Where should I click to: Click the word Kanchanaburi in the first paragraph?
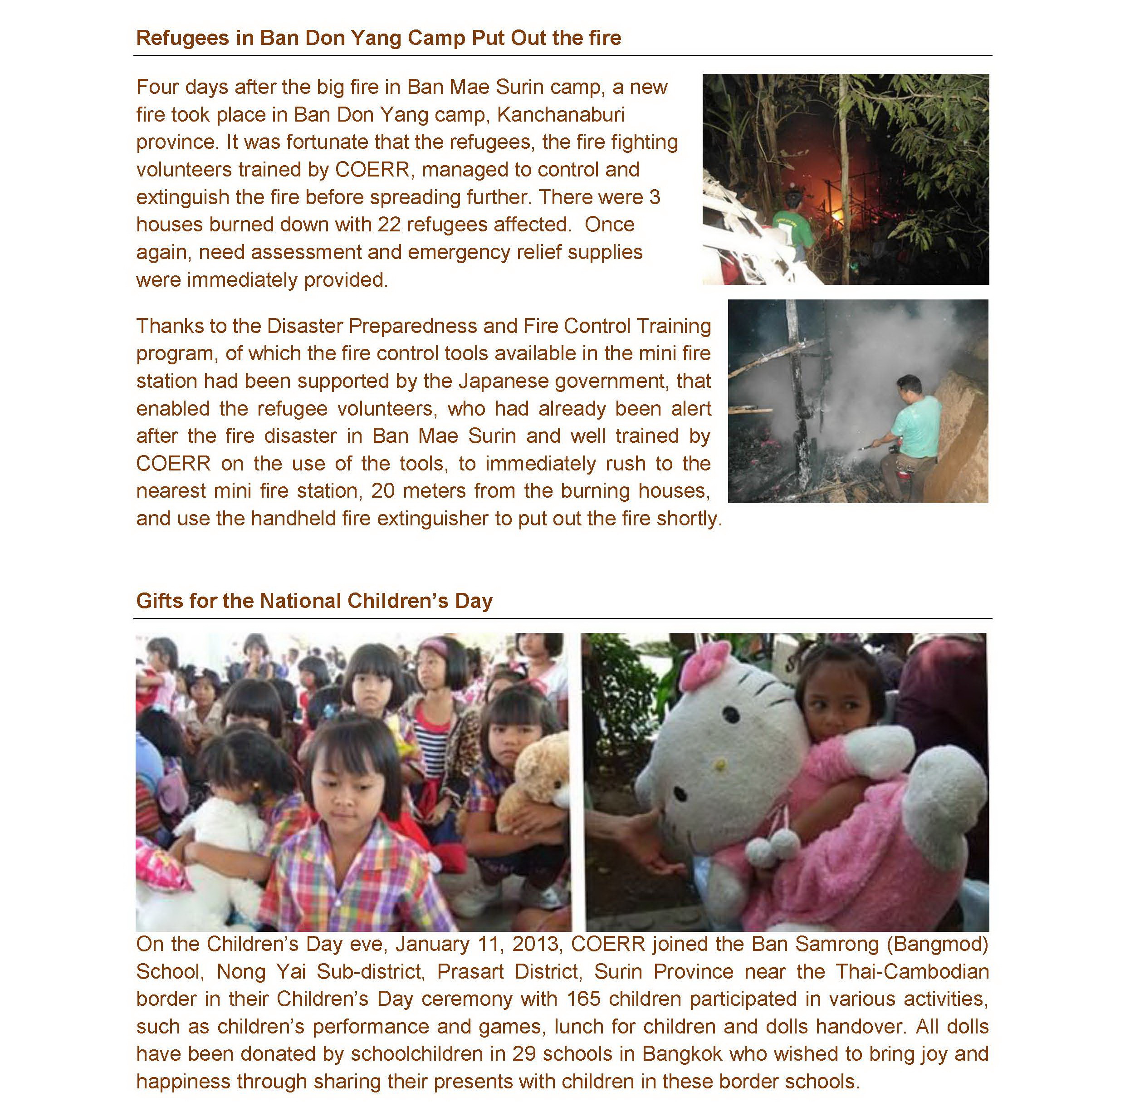560,115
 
